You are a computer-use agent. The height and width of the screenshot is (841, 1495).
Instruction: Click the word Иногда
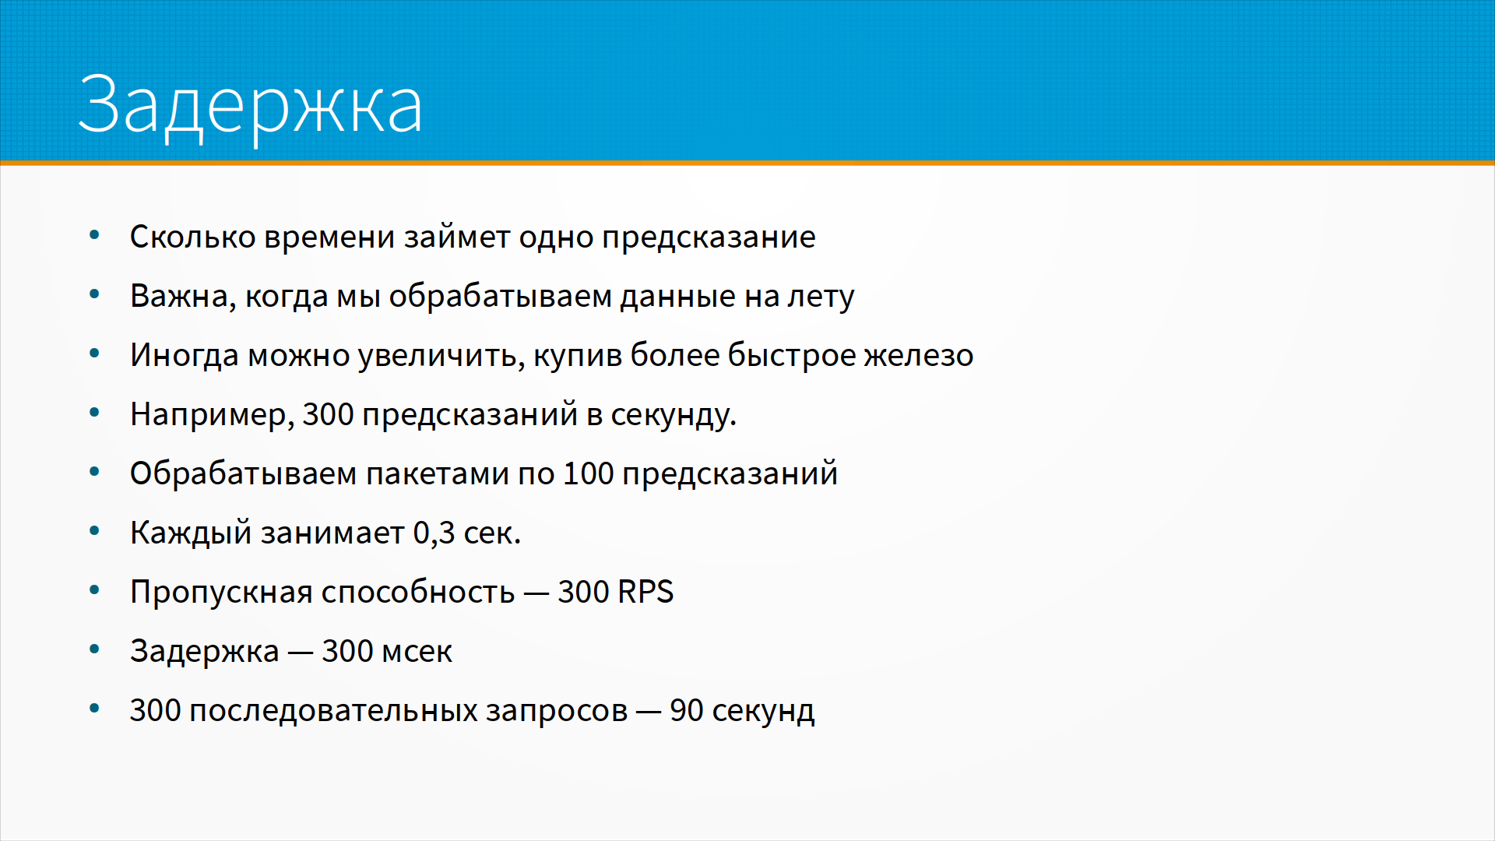[185, 356]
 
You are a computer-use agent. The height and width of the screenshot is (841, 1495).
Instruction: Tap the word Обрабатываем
[243, 474]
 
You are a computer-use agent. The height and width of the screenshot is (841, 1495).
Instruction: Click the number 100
[588, 474]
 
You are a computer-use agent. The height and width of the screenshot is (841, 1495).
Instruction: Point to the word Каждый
[191, 533]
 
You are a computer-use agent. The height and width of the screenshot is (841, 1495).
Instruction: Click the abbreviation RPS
[645, 593]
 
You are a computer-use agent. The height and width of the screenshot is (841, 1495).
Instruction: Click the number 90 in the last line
[686, 711]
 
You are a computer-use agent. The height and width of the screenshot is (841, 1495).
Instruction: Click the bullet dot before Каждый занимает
[95, 531]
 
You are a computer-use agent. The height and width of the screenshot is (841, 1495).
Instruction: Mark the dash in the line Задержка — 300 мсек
[301, 653]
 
